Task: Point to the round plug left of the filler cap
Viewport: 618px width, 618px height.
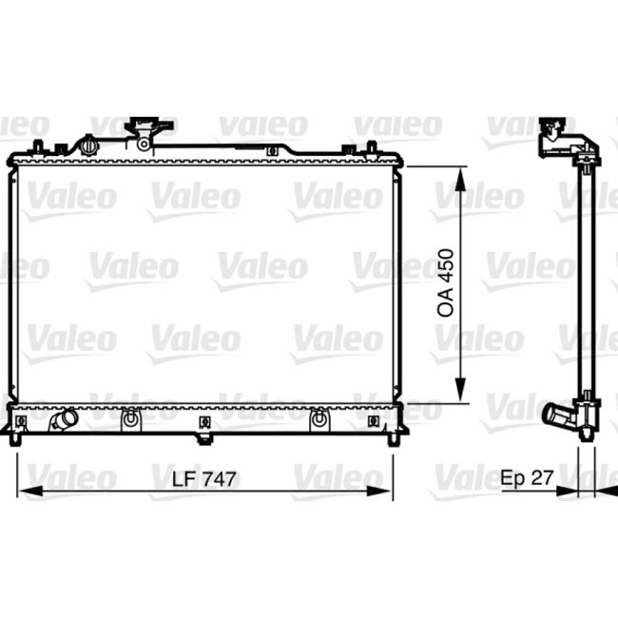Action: (89, 147)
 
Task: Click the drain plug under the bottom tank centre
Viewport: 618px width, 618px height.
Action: (203, 438)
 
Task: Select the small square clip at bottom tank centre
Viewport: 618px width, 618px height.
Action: (204, 421)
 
